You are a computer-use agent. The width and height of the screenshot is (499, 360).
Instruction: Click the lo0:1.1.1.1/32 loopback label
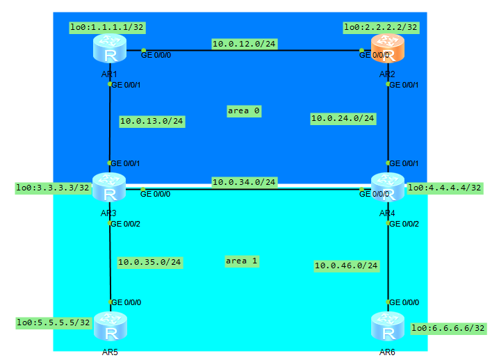pos(106,28)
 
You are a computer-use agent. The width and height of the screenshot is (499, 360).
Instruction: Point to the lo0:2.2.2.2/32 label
pos(382,28)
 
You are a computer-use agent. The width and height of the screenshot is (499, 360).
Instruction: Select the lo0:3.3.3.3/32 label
pos(54,188)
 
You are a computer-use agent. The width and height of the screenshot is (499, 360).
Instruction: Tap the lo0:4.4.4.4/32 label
pos(445,188)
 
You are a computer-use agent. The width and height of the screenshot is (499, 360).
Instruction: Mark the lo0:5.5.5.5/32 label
pos(54,322)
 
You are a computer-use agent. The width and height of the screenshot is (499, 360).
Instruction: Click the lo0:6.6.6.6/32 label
pos(448,328)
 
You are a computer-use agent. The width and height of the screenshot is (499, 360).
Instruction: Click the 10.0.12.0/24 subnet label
pos(244,44)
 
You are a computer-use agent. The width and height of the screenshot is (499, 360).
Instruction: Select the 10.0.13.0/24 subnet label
pos(152,121)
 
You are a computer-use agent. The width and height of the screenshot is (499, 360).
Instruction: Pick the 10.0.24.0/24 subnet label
pos(343,119)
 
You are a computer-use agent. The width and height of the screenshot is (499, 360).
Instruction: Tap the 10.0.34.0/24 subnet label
pos(244,183)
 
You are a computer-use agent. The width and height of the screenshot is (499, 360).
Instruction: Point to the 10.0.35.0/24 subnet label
pos(149,263)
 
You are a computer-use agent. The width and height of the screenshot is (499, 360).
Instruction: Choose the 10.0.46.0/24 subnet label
pos(346,265)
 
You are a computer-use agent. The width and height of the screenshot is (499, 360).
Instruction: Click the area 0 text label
pos(243,111)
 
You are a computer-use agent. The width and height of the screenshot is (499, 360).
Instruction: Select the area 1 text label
pos(241,261)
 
